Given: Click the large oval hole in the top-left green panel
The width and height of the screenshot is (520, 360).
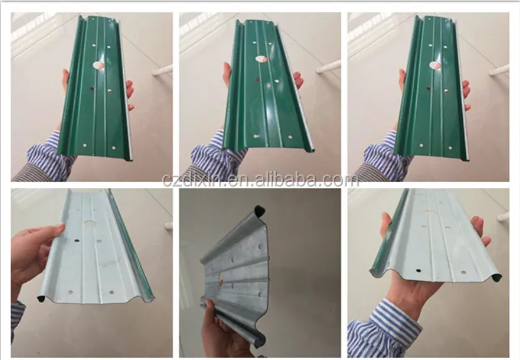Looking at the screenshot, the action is (x=99, y=65).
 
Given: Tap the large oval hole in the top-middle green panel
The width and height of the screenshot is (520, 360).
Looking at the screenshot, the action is (x=262, y=59).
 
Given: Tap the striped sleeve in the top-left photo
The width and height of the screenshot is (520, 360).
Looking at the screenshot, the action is (x=50, y=156).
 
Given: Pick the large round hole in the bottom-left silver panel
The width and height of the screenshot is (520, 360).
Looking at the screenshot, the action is (x=89, y=224).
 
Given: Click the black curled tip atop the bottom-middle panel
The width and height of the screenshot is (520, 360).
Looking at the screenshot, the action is (x=259, y=210).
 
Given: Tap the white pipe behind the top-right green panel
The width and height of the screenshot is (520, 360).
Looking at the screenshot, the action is (x=499, y=70).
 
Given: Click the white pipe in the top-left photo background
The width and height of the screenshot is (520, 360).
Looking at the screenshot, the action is (x=162, y=70).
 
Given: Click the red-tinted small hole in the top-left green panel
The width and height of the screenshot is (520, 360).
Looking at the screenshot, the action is (x=91, y=89).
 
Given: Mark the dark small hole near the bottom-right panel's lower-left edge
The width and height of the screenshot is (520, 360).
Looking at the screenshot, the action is (x=419, y=271).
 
